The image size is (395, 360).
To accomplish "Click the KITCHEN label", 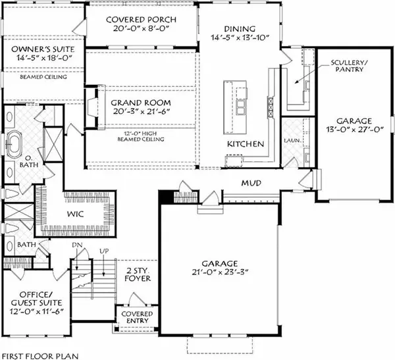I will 246,143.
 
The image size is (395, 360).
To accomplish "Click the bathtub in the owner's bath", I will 16,141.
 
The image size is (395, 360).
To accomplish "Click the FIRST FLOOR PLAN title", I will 39,355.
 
